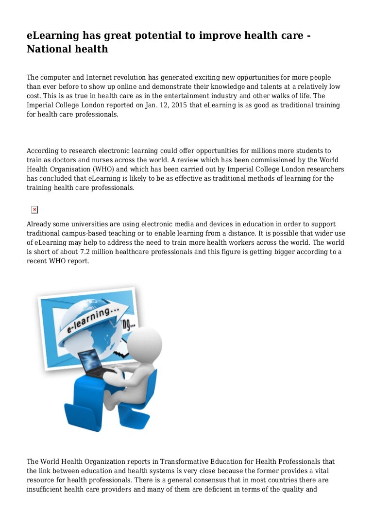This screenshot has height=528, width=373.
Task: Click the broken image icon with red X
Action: point(34,209)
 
